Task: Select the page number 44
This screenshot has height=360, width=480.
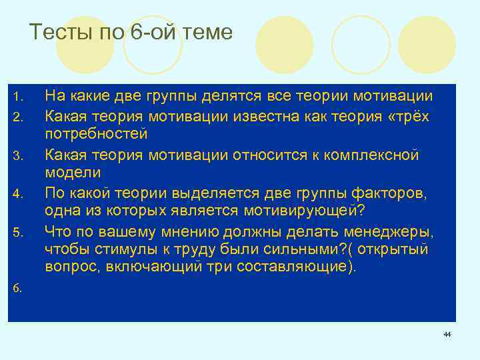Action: point(447,334)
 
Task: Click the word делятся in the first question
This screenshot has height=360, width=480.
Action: point(229,97)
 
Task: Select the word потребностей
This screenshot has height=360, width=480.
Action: point(96,135)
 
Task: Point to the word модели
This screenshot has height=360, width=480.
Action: point(73,173)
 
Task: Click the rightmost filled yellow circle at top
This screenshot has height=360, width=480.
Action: point(427,45)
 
